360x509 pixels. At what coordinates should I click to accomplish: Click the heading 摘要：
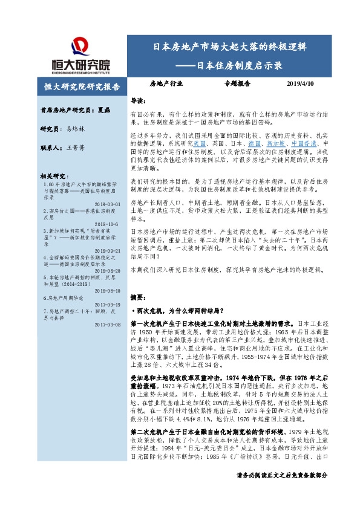[x=139, y=297]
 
